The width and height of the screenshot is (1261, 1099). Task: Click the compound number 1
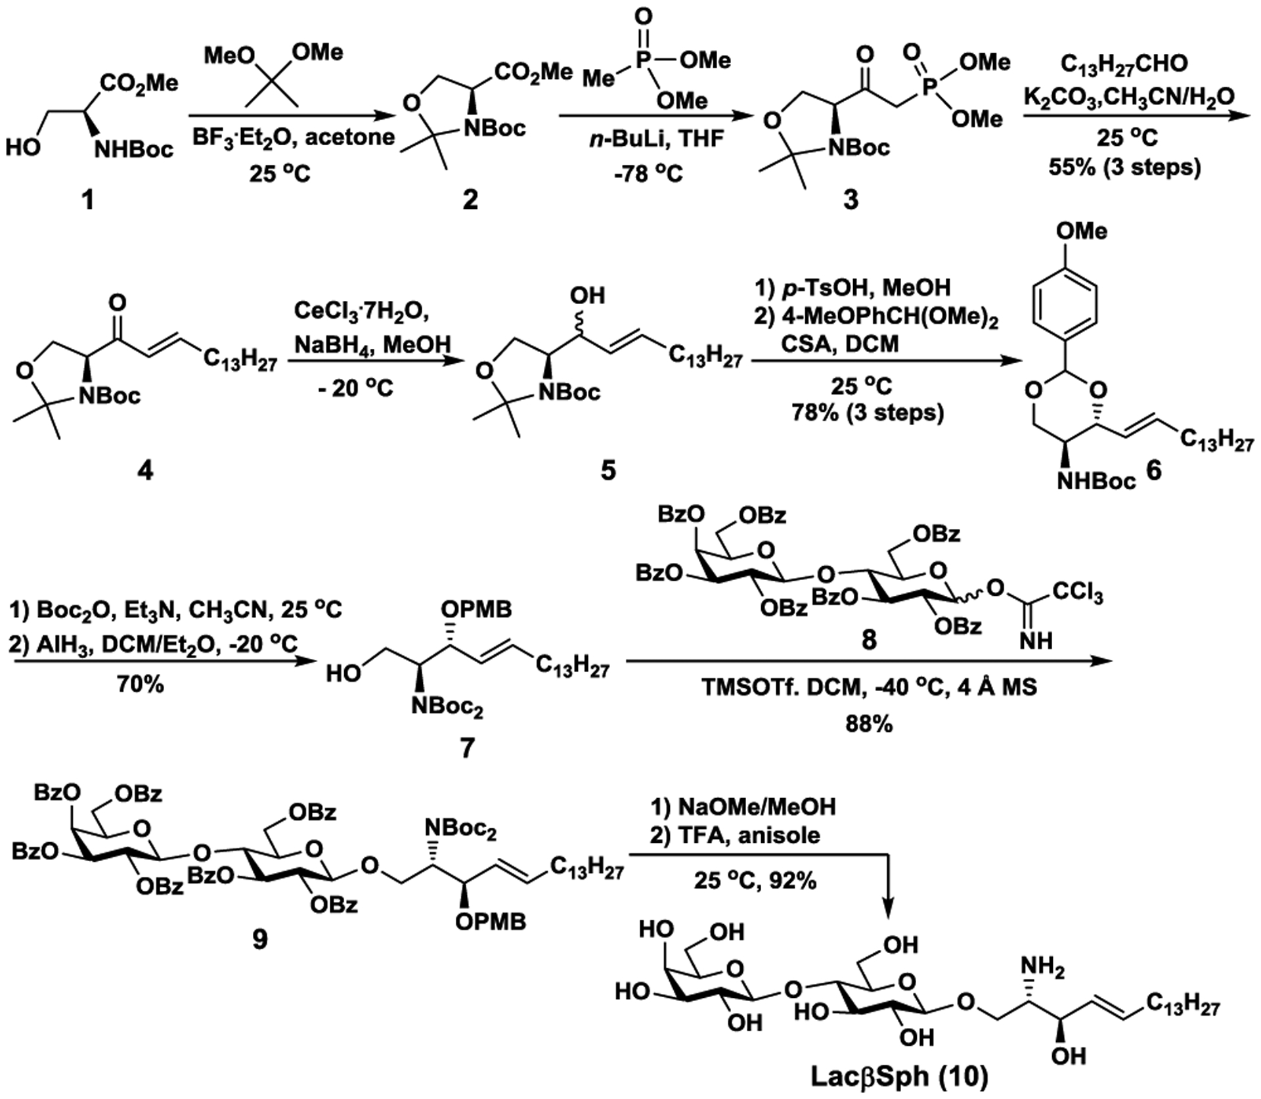point(86,199)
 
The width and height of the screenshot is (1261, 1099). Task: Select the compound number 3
point(850,199)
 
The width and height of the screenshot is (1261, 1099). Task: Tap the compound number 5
point(608,470)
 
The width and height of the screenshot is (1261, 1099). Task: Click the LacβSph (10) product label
point(899,1077)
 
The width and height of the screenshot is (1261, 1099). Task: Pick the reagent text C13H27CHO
point(1124,64)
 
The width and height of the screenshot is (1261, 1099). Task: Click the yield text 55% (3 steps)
point(1124,167)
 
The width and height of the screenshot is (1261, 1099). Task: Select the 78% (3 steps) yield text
point(862,413)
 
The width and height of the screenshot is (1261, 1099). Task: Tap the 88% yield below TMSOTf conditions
point(868,725)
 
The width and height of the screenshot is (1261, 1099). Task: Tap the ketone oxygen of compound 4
point(118,304)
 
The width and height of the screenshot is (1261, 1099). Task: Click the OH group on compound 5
point(586,296)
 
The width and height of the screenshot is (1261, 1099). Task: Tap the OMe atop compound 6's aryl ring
point(1080,231)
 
